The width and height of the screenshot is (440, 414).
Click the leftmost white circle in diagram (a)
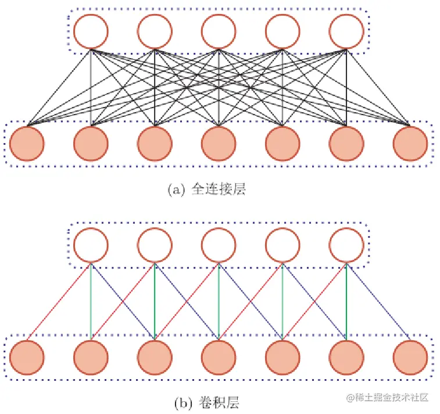click(x=90, y=30)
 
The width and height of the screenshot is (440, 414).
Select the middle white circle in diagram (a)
click(x=218, y=30)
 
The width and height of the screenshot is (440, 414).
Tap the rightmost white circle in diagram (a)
click(x=346, y=30)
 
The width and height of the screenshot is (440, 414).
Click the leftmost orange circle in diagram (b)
click(x=26, y=356)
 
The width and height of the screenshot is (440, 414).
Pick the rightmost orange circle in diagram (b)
click(x=410, y=356)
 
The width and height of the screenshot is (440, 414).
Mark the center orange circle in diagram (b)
click(x=219, y=356)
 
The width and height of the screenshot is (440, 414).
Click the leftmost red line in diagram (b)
click(x=58, y=301)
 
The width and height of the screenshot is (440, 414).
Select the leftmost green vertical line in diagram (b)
click(x=91, y=301)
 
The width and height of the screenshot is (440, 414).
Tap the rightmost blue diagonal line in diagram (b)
click(x=378, y=301)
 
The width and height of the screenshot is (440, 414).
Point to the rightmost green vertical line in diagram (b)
click(x=346, y=301)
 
